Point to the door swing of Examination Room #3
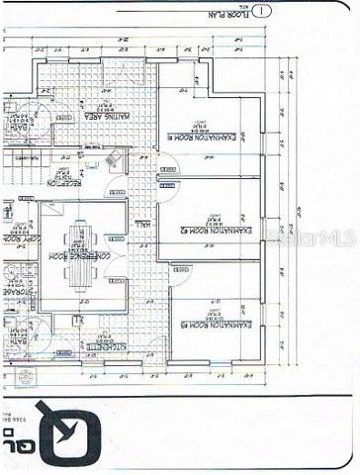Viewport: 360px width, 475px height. (x=179, y=274)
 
